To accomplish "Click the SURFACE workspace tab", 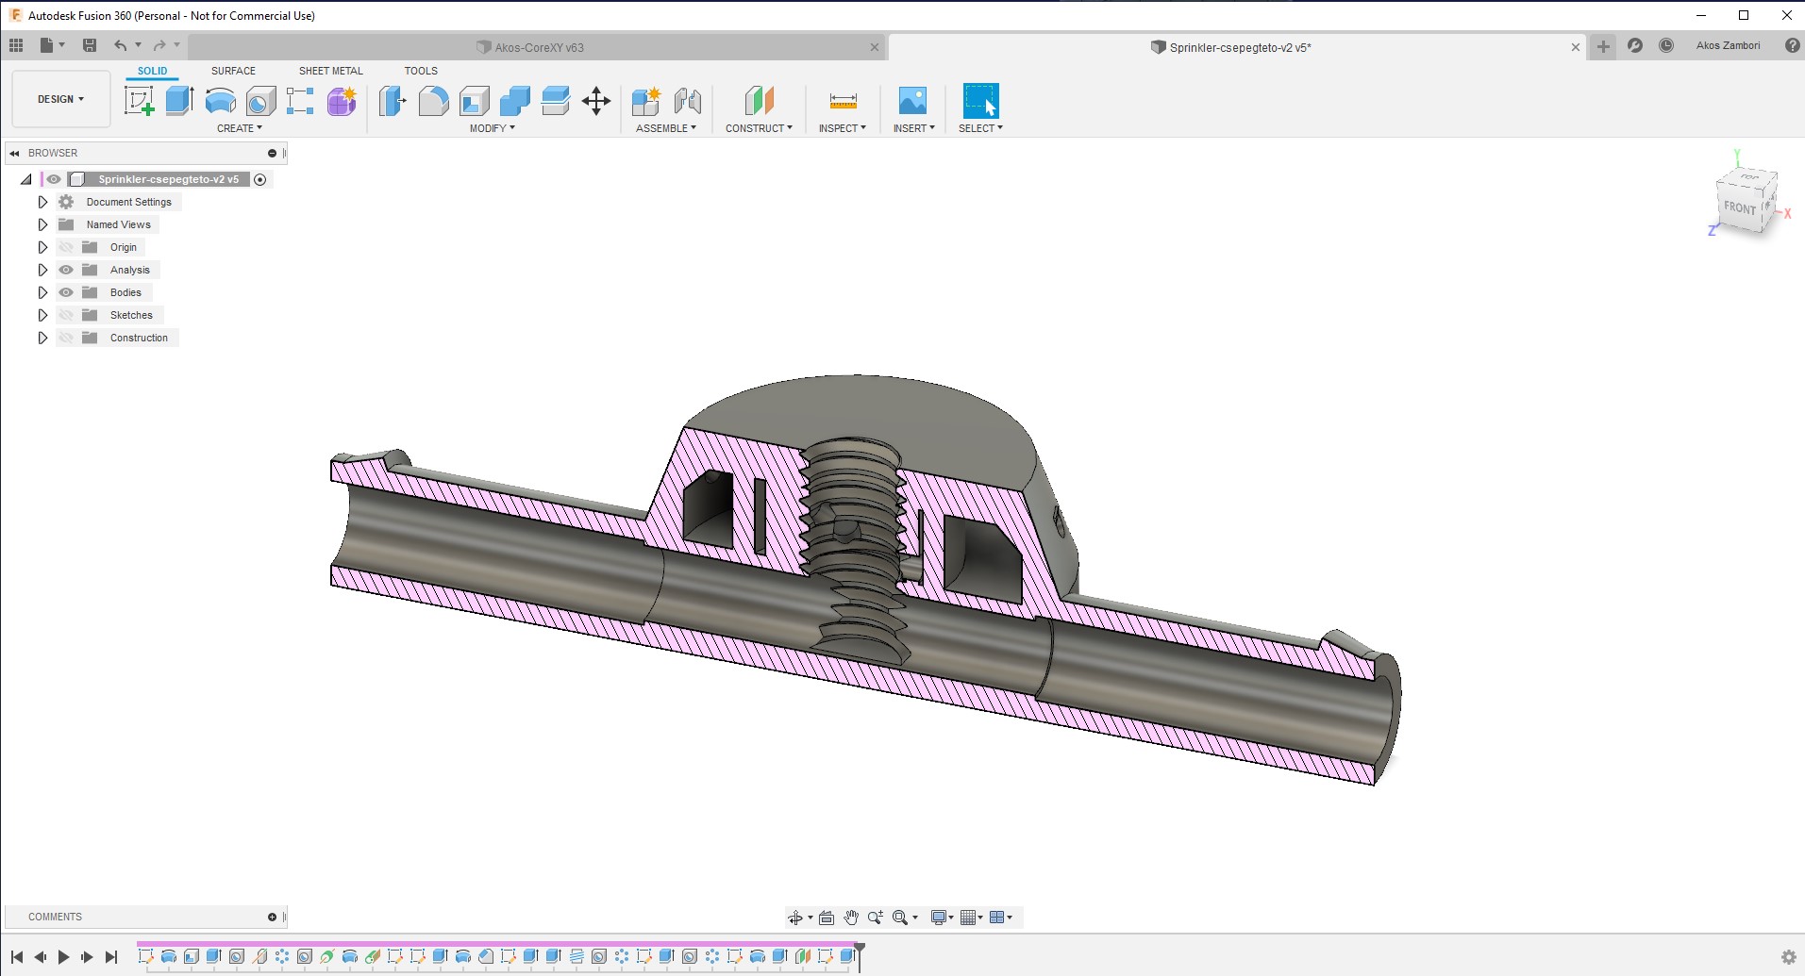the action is [x=233, y=71].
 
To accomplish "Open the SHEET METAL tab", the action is [x=330, y=71].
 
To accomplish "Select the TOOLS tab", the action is [x=421, y=71].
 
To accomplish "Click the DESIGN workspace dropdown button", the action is [x=60, y=99].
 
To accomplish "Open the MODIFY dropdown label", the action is [x=492, y=128].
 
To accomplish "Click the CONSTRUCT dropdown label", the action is [x=759, y=128].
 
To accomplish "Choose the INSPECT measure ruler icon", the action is [x=843, y=101].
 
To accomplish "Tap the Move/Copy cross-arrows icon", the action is [x=596, y=101].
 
